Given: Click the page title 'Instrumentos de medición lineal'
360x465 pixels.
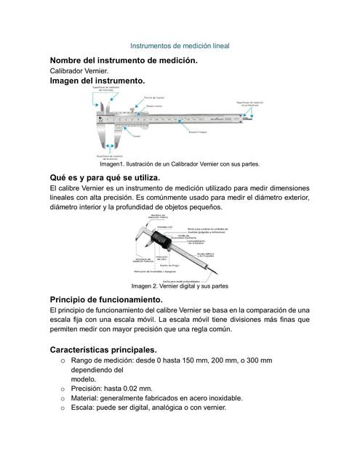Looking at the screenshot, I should [x=179, y=45].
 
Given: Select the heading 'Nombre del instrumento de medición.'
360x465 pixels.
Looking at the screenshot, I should [x=122, y=60].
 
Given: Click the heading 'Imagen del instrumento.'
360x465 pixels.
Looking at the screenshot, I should [x=97, y=82].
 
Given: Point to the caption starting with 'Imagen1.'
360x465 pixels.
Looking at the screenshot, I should [x=179, y=164].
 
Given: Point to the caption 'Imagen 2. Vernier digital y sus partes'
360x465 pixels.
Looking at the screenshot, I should [x=179, y=286].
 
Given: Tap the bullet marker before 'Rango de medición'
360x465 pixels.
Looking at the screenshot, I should [x=64, y=361].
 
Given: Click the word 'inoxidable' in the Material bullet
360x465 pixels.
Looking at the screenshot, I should [x=222, y=398].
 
